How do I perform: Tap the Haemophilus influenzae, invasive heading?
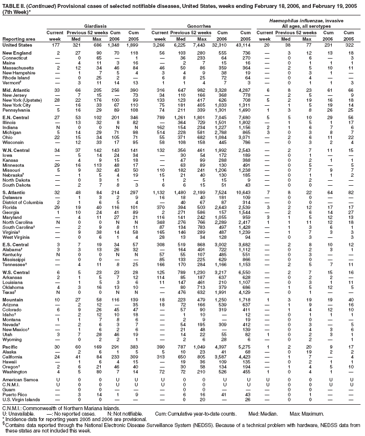pos(313,19)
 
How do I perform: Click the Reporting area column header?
pos(18,39)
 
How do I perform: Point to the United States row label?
pos(17,45)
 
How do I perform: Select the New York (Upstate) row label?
pos(22,100)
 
